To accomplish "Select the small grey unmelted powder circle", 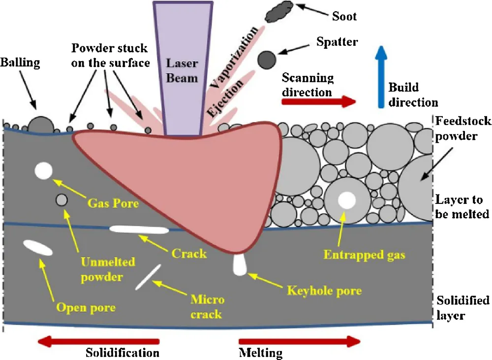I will pos(62,200).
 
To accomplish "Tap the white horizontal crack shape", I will pos(137,229).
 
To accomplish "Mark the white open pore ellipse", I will pos(37,248).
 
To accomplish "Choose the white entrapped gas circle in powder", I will pos(346,200).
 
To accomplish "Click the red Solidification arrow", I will pos(98,341).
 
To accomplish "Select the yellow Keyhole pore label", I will pos(324,291).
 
